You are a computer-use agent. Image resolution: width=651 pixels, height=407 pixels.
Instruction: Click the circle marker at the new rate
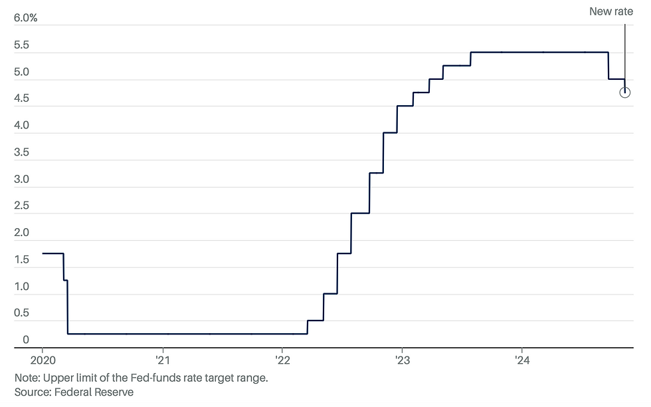click(624, 92)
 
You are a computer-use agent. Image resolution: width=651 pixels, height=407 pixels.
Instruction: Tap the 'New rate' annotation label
click(610, 11)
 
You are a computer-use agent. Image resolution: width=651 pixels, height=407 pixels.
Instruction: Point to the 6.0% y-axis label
click(26, 18)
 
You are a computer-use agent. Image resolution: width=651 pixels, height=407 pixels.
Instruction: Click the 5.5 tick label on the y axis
click(21, 45)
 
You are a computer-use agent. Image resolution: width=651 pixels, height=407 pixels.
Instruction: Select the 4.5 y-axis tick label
click(21, 99)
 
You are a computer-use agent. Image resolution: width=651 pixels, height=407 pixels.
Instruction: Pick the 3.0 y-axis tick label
click(21, 180)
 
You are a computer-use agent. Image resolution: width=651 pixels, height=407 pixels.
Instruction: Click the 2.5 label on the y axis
click(21, 206)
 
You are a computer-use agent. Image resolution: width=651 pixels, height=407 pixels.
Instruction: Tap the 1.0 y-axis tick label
click(21, 287)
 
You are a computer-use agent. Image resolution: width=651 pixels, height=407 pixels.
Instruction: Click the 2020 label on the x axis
click(42, 360)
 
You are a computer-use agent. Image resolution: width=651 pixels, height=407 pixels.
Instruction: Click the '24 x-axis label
click(522, 360)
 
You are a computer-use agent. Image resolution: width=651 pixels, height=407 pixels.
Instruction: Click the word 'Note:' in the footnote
click(27, 378)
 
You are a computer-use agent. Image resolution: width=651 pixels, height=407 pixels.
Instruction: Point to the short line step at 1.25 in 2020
click(66, 281)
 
